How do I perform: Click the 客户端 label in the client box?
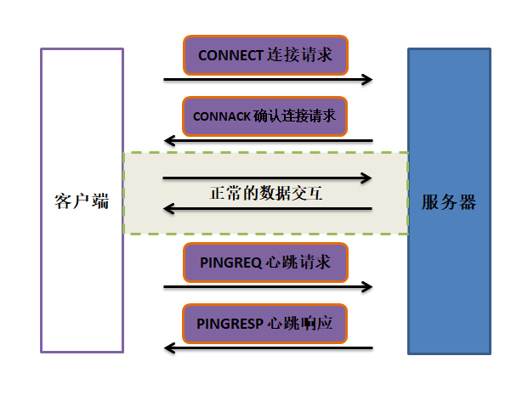point(82,202)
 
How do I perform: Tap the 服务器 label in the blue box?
point(449,202)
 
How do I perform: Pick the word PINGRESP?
point(230,324)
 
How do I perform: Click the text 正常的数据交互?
point(266,193)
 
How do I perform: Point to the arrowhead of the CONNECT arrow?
point(367,80)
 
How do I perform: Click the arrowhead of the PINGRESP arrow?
point(169,347)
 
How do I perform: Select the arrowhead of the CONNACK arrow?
point(169,140)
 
